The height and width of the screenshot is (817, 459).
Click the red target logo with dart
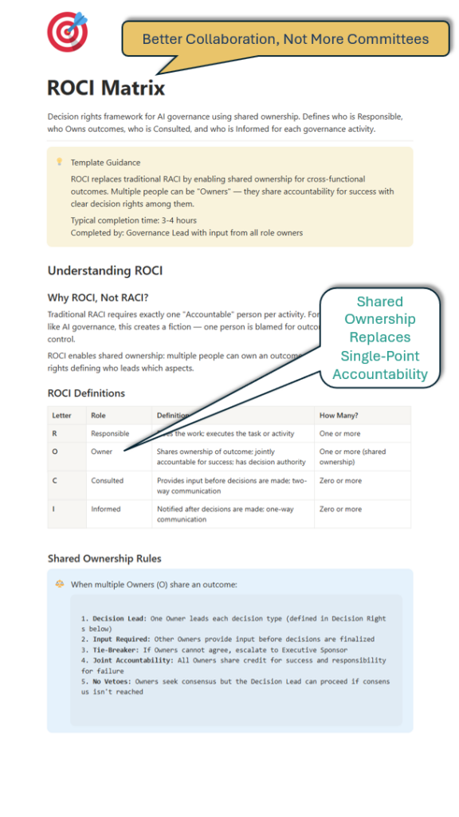click(68, 33)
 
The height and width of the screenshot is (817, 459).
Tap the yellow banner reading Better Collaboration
click(285, 39)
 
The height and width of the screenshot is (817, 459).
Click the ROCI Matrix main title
click(106, 87)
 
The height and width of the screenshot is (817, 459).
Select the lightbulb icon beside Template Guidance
click(59, 162)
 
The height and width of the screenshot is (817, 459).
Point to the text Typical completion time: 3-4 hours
click(133, 220)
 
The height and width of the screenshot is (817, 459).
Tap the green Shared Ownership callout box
click(379, 337)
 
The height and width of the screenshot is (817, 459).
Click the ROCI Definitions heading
click(86, 393)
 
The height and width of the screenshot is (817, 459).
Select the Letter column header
click(62, 416)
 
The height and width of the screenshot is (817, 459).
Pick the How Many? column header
click(339, 416)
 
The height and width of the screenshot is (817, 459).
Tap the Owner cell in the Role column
click(102, 452)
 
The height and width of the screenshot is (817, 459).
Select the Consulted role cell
click(108, 481)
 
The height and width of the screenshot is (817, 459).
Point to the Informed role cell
click(106, 509)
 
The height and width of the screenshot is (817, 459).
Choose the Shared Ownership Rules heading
click(104, 558)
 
